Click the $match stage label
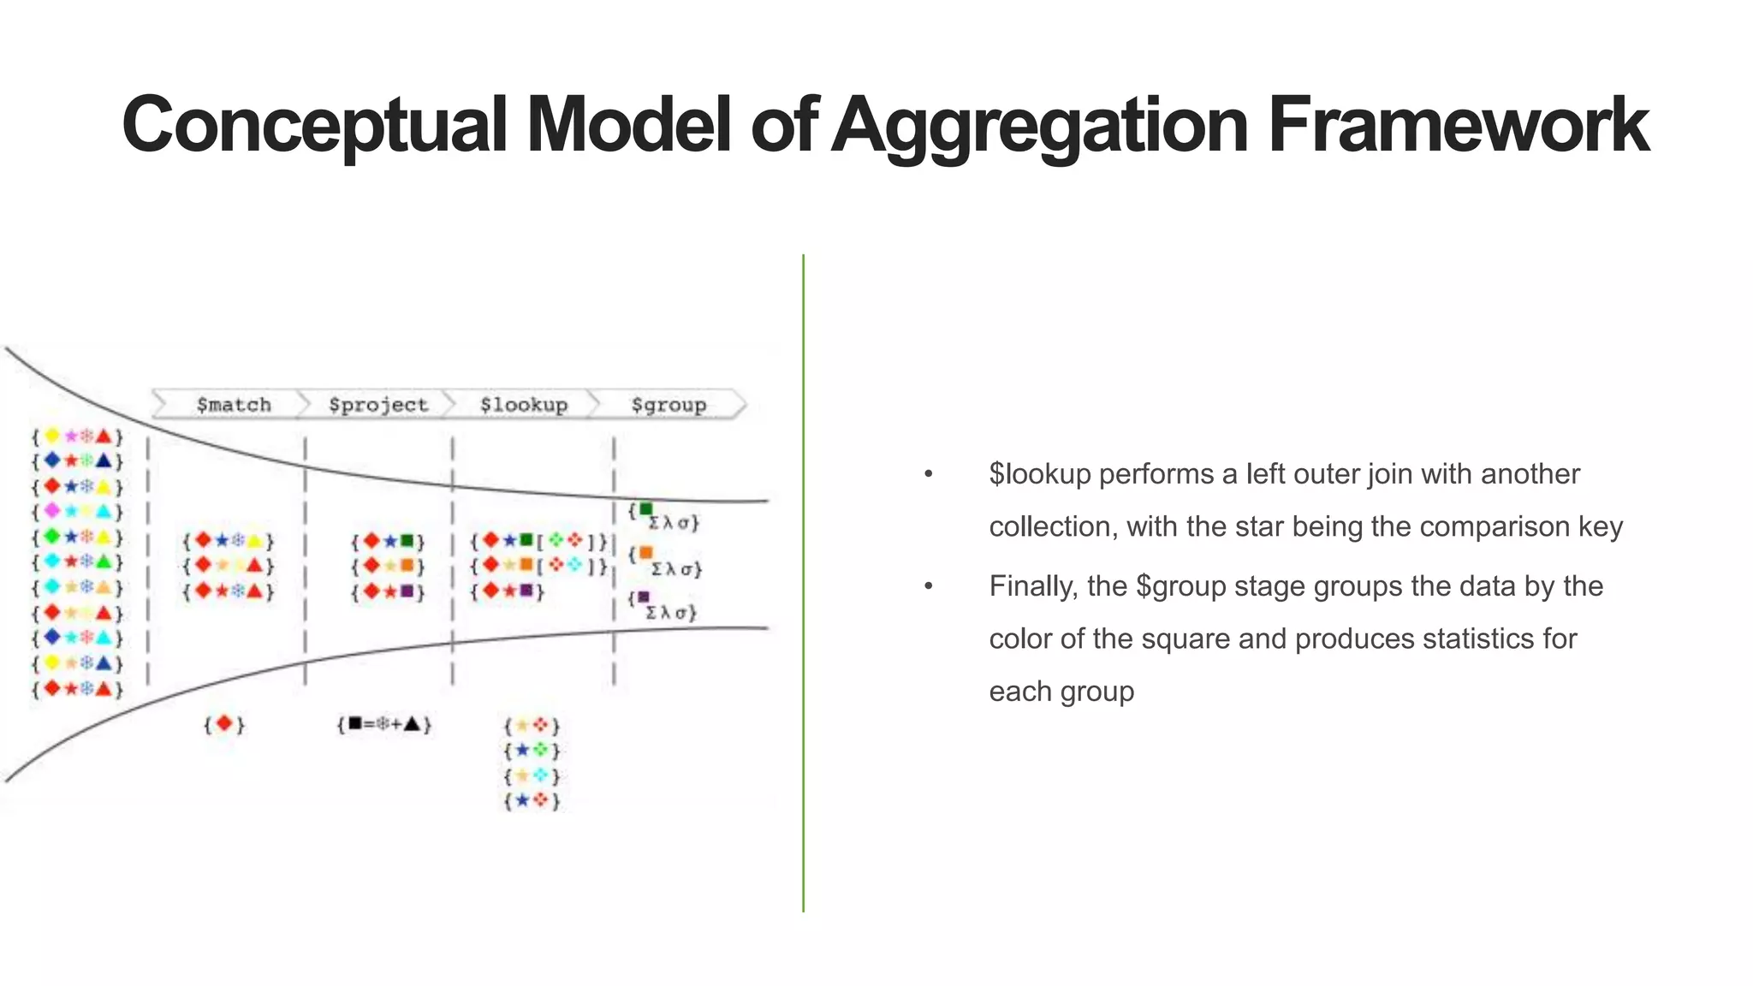tap(234, 405)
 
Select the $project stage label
tap(377, 405)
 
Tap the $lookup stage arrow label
tap(524, 405)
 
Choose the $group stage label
tap(669, 405)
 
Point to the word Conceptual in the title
tap(314, 127)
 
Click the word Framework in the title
tap(1458, 125)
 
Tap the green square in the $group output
tap(646, 509)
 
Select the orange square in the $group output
tap(646, 553)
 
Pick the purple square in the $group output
tap(644, 597)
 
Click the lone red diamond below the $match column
tap(224, 724)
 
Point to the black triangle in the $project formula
tap(413, 724)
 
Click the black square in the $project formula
tap(354, 724)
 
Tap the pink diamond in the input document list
tap(52, 511)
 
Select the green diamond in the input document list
tap(52, 537)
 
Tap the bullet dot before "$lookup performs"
tap(928, 474)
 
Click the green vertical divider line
tap(803, 582)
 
